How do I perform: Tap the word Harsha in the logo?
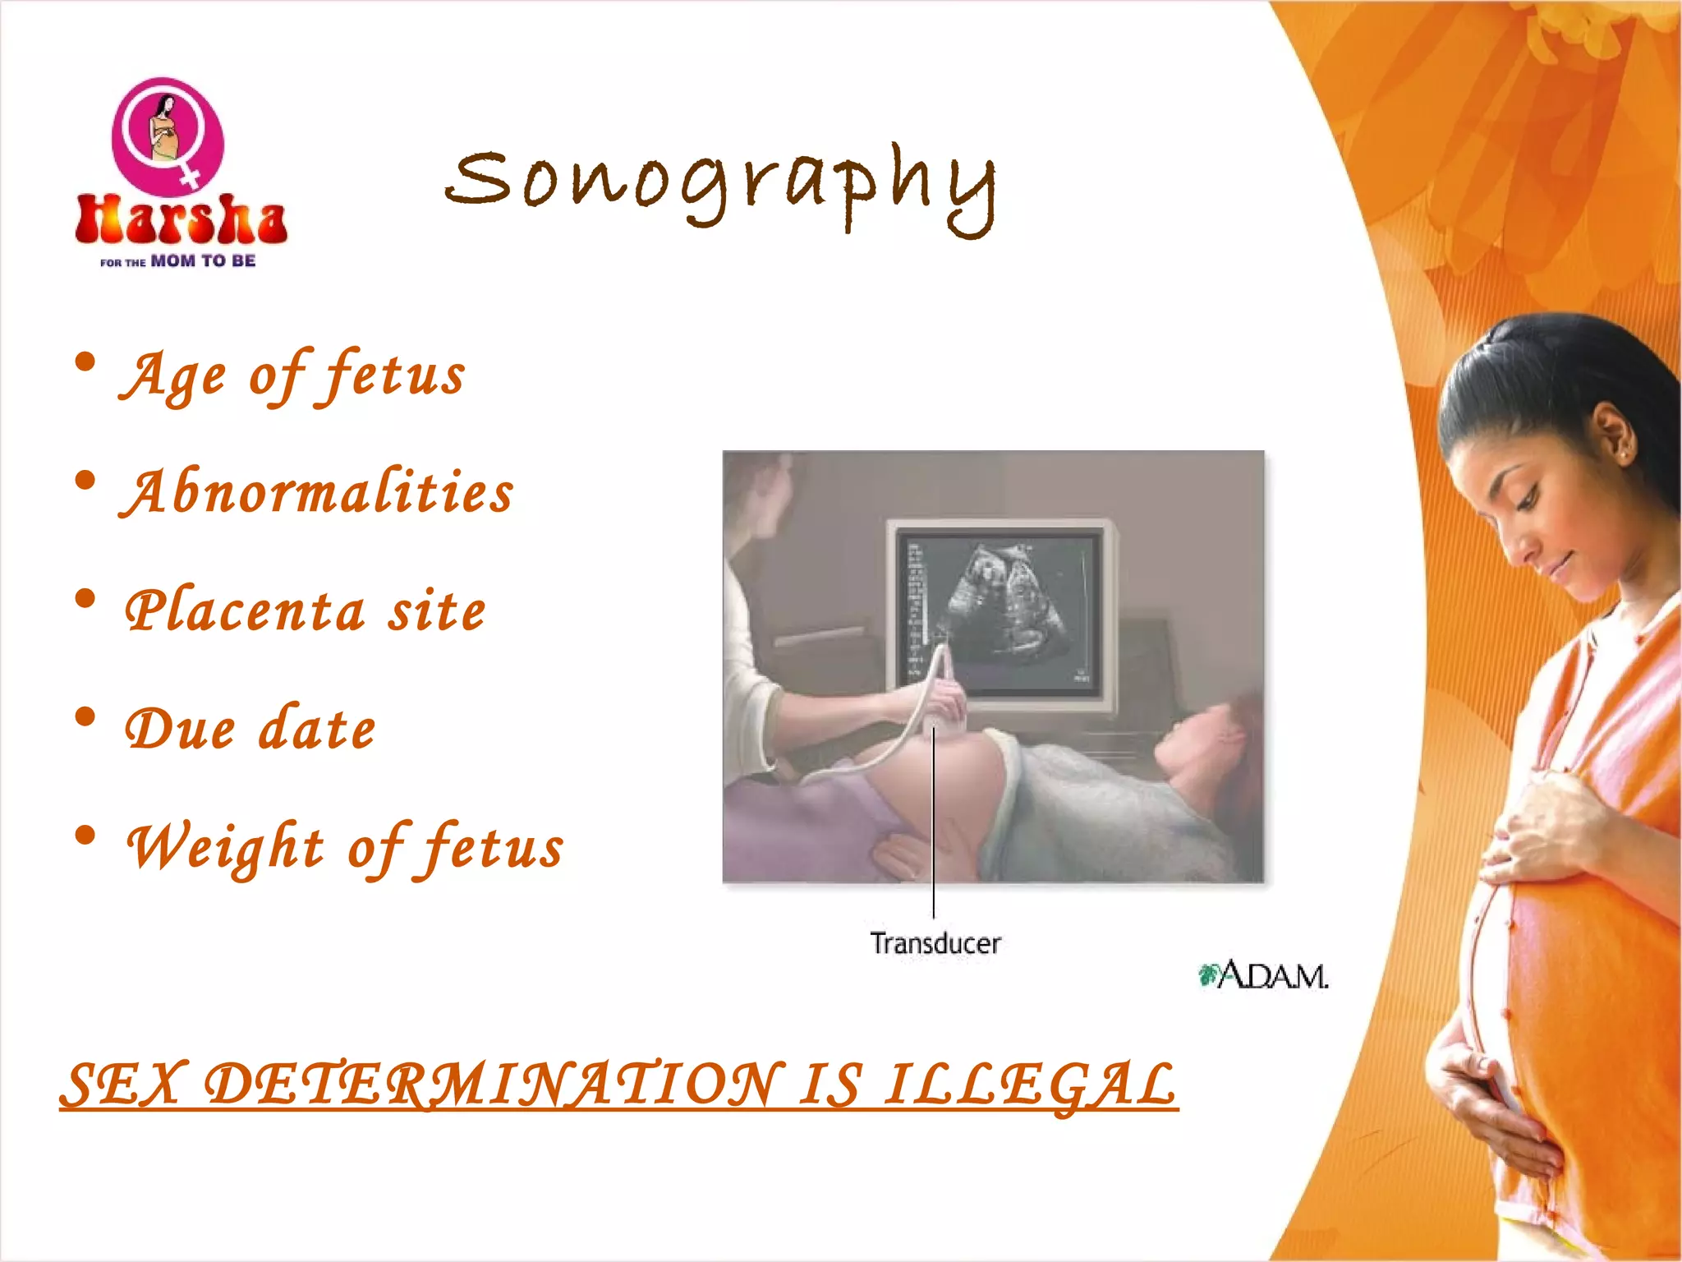coord(181,220)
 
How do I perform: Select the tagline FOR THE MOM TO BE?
coord(178,261)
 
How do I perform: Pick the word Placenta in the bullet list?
coord(245,611)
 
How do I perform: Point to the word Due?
coord(180,730)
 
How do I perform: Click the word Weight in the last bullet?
coord(226,848)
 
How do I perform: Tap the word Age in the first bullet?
coord(173,376)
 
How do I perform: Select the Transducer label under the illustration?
coord(935,944)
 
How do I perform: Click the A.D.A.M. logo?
coord(1263,976)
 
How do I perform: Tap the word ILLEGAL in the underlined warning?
coord(1030,1085)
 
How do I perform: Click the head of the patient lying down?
coord(1207,739)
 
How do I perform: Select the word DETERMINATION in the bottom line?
coord(491,1085)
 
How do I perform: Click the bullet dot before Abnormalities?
coord(85,481)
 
